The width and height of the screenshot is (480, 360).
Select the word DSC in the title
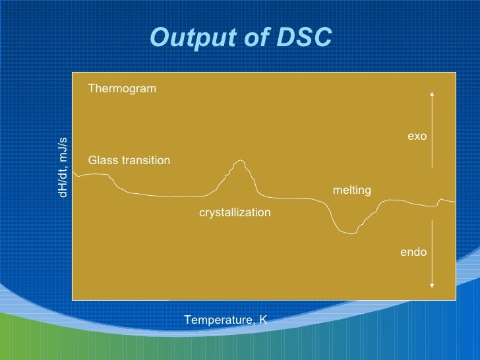click(303, 39)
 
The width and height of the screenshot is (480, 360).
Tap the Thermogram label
click(122, 88)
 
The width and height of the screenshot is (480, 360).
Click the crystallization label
click(235, 212)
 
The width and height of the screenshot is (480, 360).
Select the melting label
click(351, 190)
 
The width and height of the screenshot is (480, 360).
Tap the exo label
click(417, 136)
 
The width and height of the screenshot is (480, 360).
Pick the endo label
click(413, 252)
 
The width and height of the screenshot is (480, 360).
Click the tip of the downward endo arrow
click(431, 287)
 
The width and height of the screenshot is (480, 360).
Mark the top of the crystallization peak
click(241, 160)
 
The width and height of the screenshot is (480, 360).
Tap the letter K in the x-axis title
click(263, 320)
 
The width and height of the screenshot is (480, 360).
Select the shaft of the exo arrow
click(431, 132)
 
